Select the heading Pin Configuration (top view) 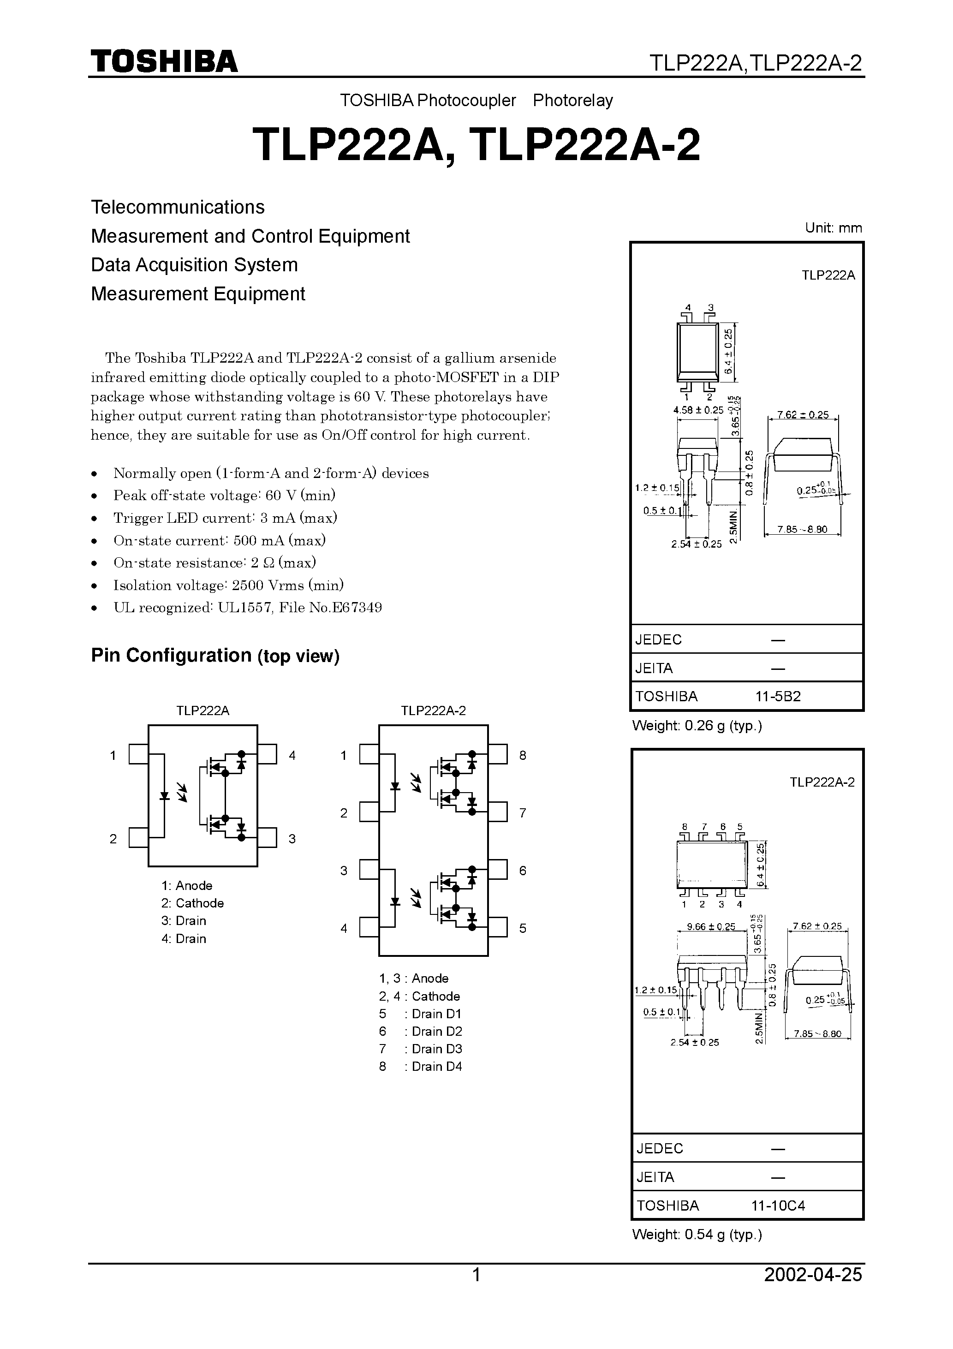pyautogui.click(x=215, y=655)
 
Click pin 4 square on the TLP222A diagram pyautogui.click(x=268, y=754)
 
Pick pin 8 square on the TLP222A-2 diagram pyautogui.click(x=498, y=754)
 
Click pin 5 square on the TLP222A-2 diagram pyautogui.click(x=498, y=928)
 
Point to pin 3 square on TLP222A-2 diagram pyautogui.click(x=369, y=870)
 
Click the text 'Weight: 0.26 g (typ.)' pyautogui.click(x=697, y=726)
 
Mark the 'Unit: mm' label pyautogui.click(x=833, y=228)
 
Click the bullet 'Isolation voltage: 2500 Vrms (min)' pyautogui.click(x=228, y=585)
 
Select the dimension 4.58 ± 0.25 pyautogui.click(x=698, y=410)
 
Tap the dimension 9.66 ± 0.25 pyautogui.click(x=711, y=926)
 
